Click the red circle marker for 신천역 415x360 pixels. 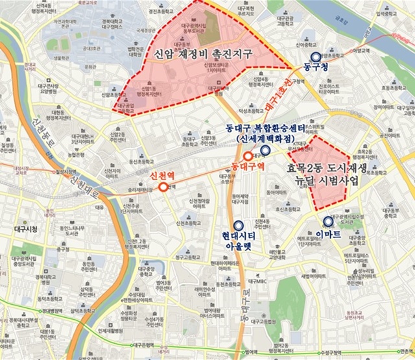(163, 187)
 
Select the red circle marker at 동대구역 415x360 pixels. (248, 156)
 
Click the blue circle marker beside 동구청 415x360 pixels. (314, 56)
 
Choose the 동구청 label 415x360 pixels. (316, 67)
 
